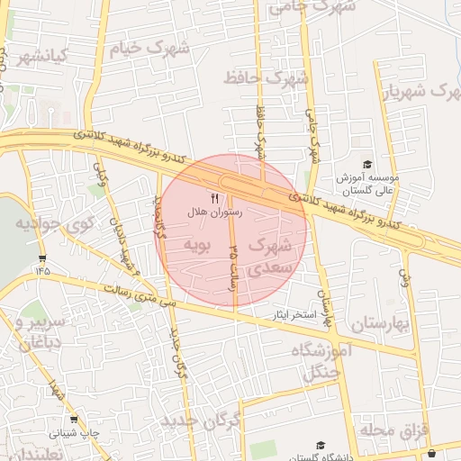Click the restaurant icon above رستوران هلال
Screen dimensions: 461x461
pyautogui.click(x=214, y=198)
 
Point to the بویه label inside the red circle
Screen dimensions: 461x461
pyautogui.click(x=196, y=245)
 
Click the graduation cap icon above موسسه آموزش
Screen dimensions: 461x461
pyautogui.click(x=366, y=164)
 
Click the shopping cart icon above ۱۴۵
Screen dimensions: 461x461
pyautogui.click(x=42, y=258)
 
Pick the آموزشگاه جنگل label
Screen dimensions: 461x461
pyautogui.click(x=307, y=361)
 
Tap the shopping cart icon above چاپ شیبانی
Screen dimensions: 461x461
pyautogui.click(x=74, y=420)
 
